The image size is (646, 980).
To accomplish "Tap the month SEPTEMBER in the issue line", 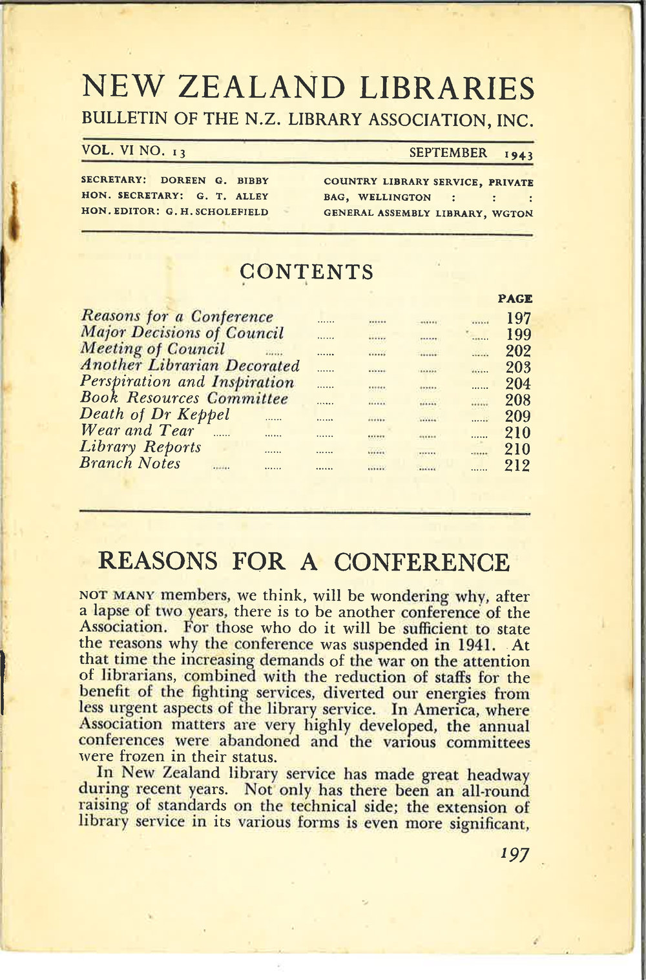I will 448,153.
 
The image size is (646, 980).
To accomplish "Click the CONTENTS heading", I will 307,272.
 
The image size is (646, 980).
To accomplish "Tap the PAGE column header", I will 515,298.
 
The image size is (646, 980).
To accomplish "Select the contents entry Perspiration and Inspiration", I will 187,382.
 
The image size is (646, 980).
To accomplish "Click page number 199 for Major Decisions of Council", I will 518,335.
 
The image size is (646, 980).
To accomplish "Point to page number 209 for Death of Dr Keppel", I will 518,416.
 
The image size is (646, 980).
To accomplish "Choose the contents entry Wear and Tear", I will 136,431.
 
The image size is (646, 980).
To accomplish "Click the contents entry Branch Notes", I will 130,463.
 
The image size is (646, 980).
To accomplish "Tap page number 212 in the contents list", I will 517,465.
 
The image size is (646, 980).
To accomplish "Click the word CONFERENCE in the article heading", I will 422,562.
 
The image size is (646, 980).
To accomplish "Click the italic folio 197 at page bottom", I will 514,854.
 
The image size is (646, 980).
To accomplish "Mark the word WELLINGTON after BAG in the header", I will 395,197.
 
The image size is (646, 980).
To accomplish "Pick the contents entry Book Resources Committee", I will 184,398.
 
